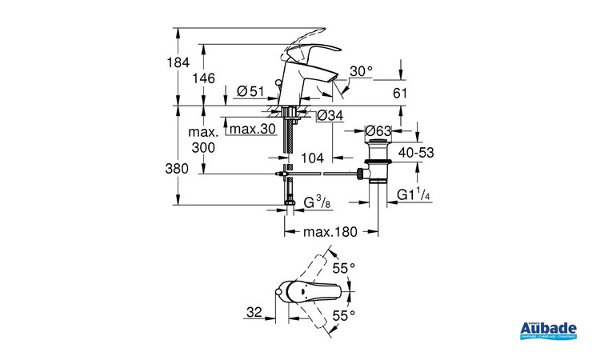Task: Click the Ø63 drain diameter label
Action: [x=379, y=130]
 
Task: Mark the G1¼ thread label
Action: [x=415, y=194]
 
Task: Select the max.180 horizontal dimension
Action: [x=330, y=232]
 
